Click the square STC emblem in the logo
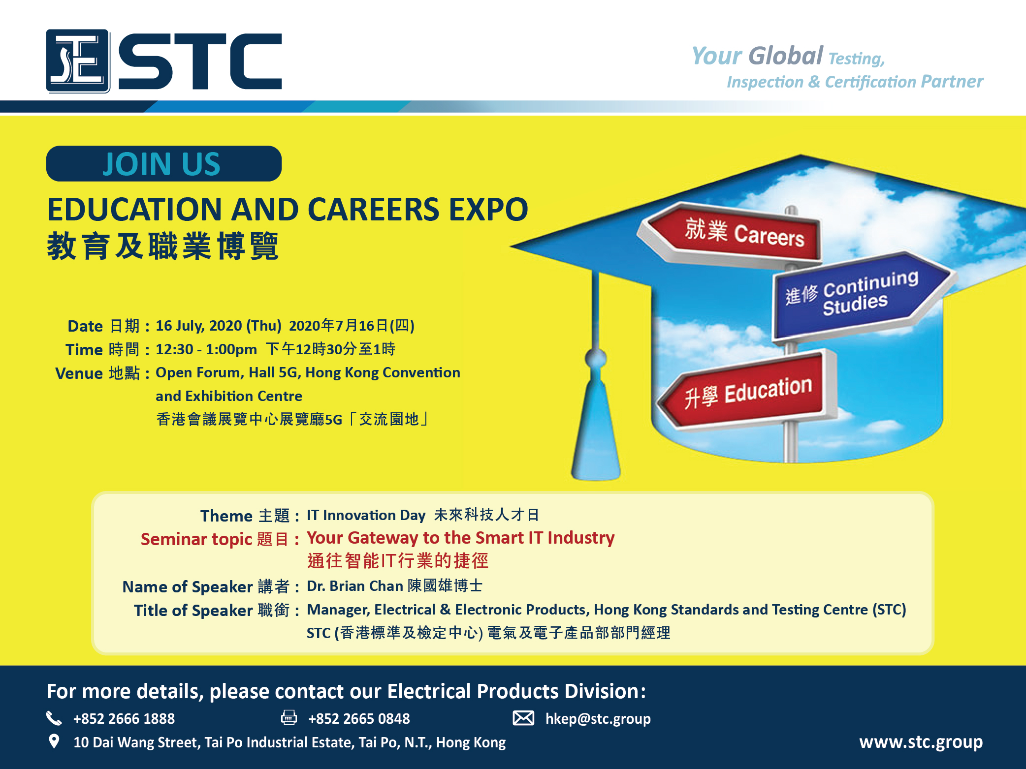tap(78, 61)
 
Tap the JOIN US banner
tap(164, 164)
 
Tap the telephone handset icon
tap(54, 718)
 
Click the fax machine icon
tap(289, 718)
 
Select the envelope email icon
tap(523, 718)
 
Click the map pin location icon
tap(54, 741)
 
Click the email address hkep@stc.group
tap(598, 719)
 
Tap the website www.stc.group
tap(921, 742)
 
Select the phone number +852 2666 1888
tap(124, 719)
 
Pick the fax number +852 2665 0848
tap(359, 719)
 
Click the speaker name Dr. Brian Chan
tap(355, 586)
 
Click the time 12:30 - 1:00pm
tap(206, 349)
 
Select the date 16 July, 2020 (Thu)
tap(219, 326)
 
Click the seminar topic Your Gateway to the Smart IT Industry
tap(461, 538)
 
